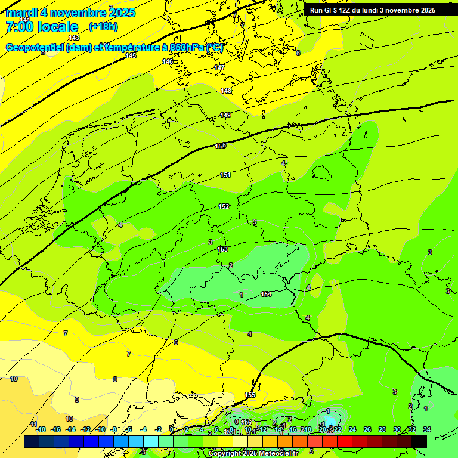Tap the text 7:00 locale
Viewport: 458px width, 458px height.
42,27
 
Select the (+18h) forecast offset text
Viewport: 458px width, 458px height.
103,27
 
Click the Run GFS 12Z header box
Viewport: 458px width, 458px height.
373,10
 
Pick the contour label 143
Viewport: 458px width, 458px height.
74,38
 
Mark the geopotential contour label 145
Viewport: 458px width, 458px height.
131,55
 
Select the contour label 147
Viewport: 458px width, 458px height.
219,67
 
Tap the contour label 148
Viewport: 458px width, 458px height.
225,91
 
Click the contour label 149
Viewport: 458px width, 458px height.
225,115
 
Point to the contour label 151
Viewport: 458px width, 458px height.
225,175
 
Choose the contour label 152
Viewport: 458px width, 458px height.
224,206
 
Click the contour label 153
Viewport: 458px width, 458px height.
222,249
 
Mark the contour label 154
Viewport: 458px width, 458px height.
266,294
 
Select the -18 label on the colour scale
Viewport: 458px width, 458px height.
41,429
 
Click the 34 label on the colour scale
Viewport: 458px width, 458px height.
426,429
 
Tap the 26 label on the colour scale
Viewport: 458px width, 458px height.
367,429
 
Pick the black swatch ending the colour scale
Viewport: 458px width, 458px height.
419,441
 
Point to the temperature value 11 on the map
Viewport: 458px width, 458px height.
34,424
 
